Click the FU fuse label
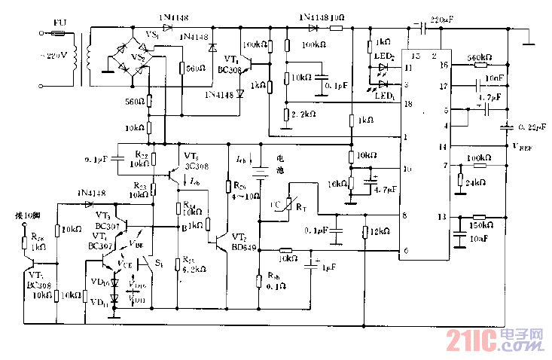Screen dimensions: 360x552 (59, 23)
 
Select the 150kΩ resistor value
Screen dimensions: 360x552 (482, 224)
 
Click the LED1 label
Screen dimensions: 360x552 (386, 96)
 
